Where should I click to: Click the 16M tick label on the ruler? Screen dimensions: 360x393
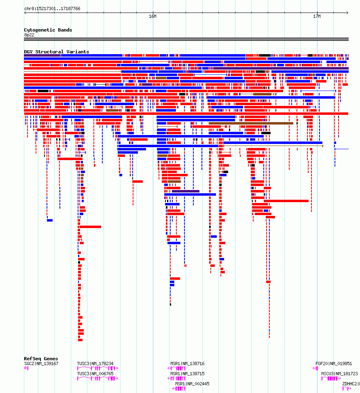pos(152,16)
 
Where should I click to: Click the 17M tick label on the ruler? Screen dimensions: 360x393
pos(317,16)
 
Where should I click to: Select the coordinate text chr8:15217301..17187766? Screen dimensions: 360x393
pos(52,8)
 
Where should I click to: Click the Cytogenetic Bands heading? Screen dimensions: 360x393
pos(48,30)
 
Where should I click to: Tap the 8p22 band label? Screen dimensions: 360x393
pos(29,35)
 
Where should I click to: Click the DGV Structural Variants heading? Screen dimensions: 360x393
pos(56,52)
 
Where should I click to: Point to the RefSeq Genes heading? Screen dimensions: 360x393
pos(41,359)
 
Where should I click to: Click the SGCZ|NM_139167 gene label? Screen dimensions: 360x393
pos(41,363)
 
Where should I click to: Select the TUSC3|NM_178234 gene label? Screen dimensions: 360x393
pos(95,363)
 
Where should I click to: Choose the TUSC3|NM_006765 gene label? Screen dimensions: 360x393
pos(95,374)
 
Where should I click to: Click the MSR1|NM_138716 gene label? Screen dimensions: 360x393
pos(188,363)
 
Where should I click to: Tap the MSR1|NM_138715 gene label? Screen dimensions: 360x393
pos(188,374)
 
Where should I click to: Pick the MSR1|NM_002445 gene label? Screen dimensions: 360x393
pos(192,384)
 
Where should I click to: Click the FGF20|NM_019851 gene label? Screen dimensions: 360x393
pos(334,363)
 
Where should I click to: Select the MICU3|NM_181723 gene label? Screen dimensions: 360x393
pos(339,374)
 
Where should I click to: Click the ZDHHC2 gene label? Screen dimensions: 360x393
pos(350,384)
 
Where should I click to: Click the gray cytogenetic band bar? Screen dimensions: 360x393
pos(186,39)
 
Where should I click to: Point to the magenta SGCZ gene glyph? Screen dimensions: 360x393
pos(26,368)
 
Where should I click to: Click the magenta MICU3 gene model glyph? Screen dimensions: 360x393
pos(331,378)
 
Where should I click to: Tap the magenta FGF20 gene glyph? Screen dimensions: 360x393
pos(316,368)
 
